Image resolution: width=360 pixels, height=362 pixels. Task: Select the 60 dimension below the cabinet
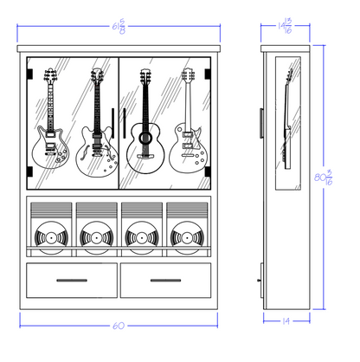(x=119, y=326)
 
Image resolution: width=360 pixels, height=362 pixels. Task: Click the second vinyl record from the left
(x=95, y=236)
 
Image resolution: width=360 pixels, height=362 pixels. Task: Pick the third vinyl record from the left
(x=140, y=236)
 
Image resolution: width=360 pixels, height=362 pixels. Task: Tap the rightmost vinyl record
(x=185, y=236)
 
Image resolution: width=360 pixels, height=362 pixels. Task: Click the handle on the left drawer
(x=73, y=281)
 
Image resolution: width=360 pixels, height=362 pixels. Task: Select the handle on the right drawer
(x=165, y=281)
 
